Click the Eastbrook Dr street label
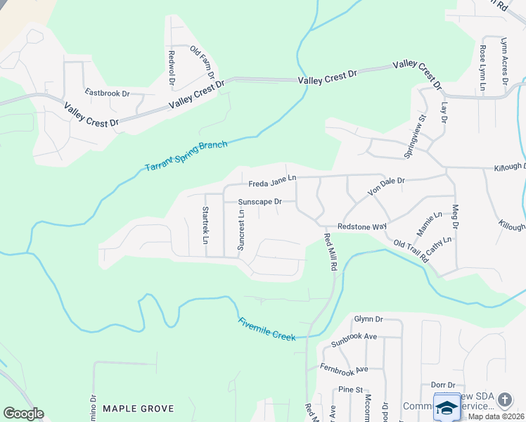[108, 93]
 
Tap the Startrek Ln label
[205, 225]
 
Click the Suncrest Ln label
[240, 230]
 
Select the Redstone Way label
[362, 227]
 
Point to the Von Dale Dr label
[387, 186]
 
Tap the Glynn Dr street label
[367, 319]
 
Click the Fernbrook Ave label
[344, 369]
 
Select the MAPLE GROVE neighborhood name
[138, 408]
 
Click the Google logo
[23, 414]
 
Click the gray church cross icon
[504, 399]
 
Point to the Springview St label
[416, 136]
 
